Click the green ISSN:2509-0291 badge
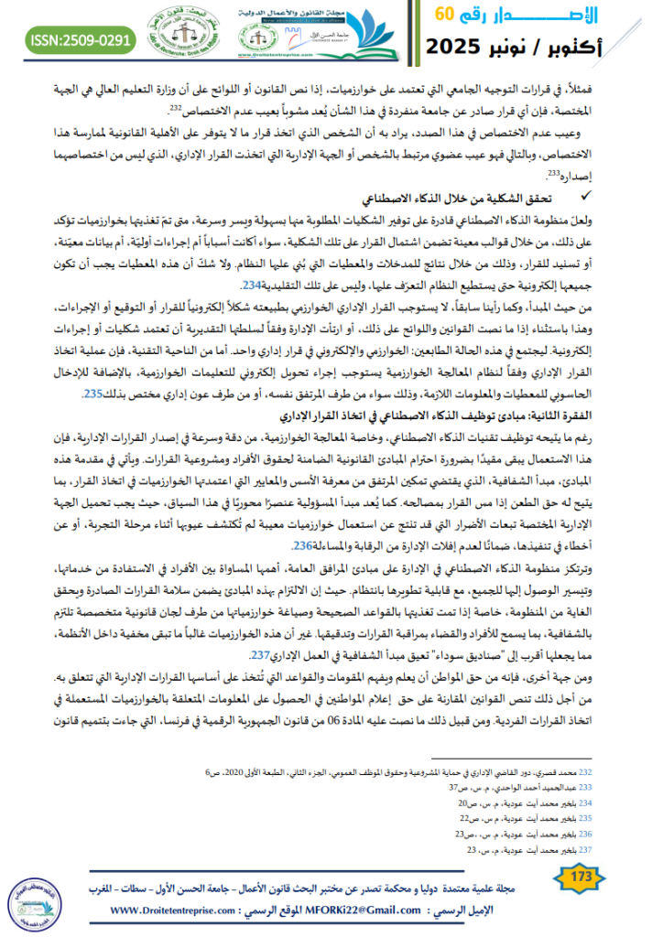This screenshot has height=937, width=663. tap(82, 39)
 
